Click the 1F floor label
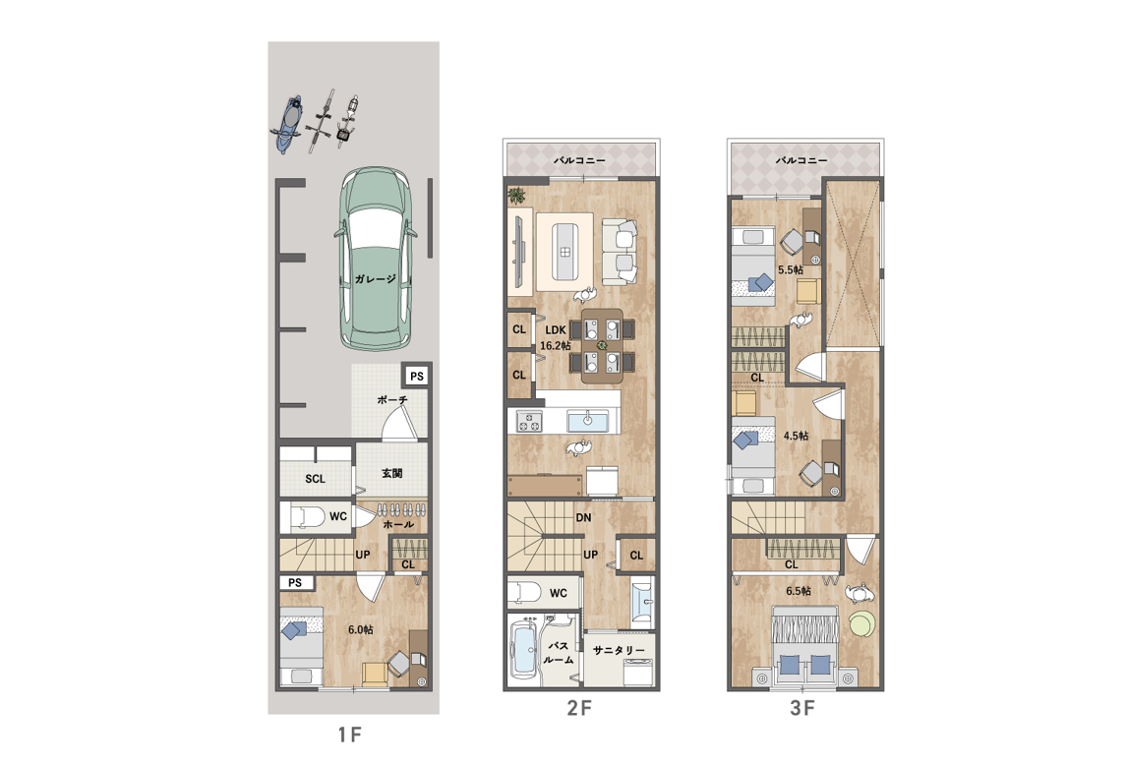click(349, 735)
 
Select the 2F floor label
click(579, 708)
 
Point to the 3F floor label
click(802, 708)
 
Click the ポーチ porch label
click(392, 400)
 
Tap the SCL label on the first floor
click(315, 479)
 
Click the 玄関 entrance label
click(391, 473)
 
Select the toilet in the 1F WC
click(308, 517)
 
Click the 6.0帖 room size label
click(360, 630)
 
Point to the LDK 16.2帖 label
click(556, 337)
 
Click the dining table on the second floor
click(602, 346)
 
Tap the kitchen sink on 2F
click(587, 421)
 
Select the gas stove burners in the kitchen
click(528, 421)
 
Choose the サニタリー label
click(619, 650)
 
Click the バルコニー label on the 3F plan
click(801, 160)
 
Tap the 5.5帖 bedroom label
click(791, 269)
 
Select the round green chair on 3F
click(862, 622)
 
